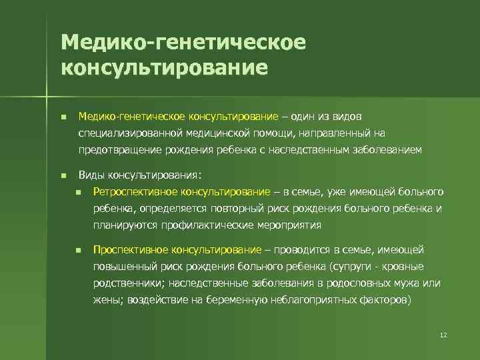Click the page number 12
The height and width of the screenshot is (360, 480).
click(x=443, y=334)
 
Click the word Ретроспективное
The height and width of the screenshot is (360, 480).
click(x=131, y=193)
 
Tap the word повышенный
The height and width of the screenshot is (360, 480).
click(x=121, y=267)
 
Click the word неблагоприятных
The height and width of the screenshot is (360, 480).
click(x=312, y=300)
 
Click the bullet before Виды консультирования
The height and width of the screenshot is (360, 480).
click(x=63, y=176)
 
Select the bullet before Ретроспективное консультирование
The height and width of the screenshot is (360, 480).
click(x=78, y=193)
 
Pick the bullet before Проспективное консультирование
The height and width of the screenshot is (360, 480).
click(x=78, y=250)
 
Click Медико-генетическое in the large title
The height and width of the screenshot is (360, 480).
click(x=183, y=42)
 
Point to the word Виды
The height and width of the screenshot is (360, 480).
click(x=90, y=175)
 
